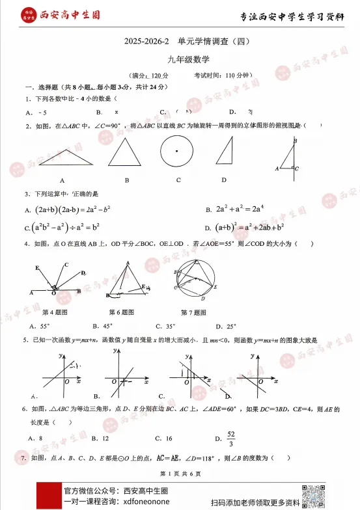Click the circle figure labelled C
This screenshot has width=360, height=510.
177,152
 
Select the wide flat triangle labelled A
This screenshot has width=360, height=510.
65,158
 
